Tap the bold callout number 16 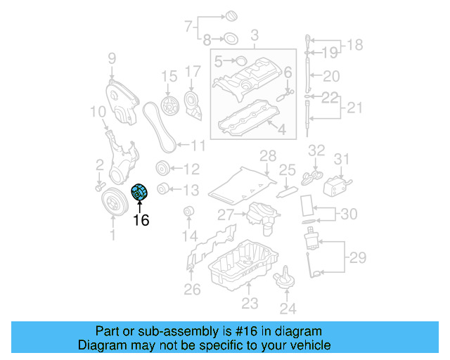[141, 220]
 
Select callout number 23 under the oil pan [250, 304]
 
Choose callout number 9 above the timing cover [112, 58]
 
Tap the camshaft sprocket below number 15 [169, 106]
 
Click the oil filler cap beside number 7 [230, 17]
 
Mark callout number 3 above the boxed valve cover [255, 34]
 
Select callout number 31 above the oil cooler [341, 160]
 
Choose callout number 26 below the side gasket [192, 289]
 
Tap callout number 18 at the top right [354, 45]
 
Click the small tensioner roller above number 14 [187, 212]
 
